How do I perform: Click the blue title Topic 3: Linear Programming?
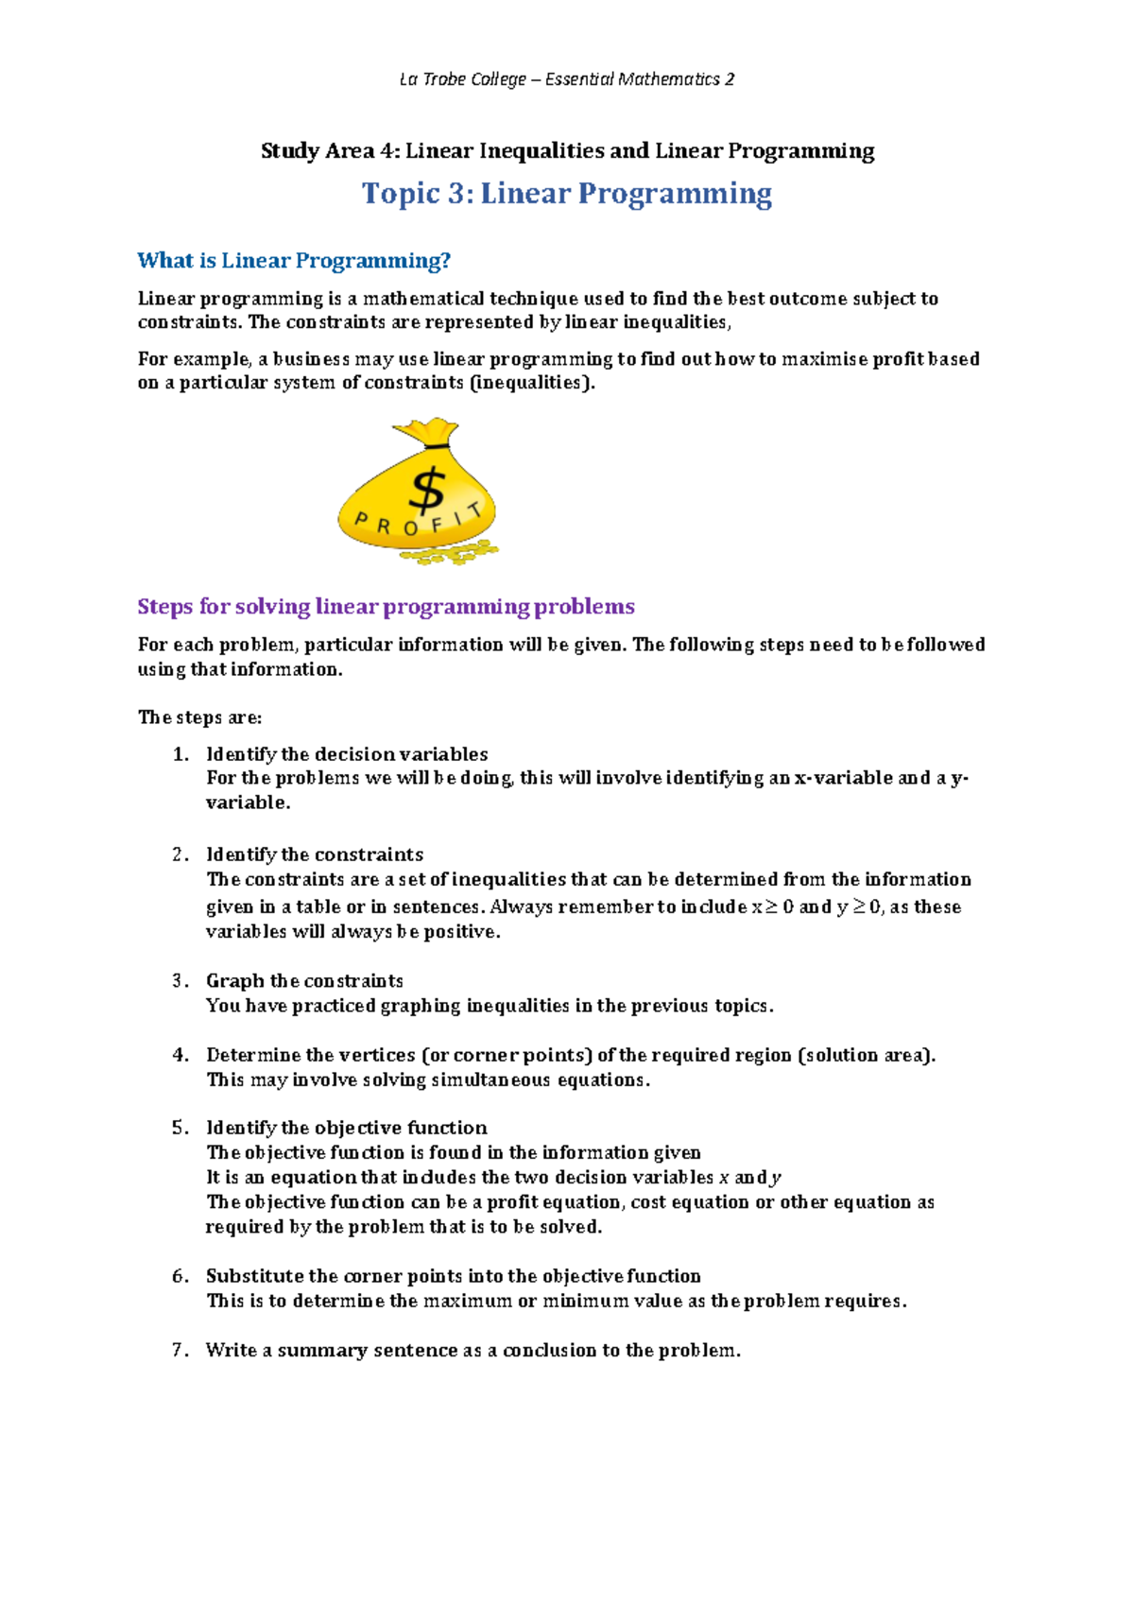[x=567, y=194]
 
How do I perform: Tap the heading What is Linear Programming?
[x=294, y=261]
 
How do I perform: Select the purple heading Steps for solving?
[x=386, y=607]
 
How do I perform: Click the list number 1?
[x=180, y=754]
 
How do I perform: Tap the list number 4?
[x=180, y=1055]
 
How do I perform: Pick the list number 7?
[x=180, y=1350]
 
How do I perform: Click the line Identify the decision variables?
[x=347, y=754]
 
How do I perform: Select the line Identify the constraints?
[x=315, y=854]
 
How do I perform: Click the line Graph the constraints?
[x=304, y=981]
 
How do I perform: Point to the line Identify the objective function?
[x=347, y=1128]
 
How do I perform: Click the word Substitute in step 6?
[x=255, y=1276]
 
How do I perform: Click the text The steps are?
[x=199, y=717]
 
